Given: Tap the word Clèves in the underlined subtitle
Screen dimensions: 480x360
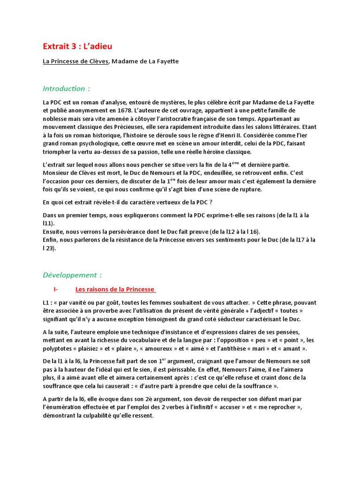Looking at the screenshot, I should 97,61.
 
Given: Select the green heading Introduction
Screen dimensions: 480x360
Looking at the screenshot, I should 66,89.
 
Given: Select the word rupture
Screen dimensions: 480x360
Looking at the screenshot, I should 252,189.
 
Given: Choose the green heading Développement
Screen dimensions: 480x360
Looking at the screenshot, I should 72,275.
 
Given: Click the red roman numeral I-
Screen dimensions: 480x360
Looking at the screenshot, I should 56,289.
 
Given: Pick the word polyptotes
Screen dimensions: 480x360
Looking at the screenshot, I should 59,348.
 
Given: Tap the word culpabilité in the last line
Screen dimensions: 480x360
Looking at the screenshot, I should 106,415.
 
